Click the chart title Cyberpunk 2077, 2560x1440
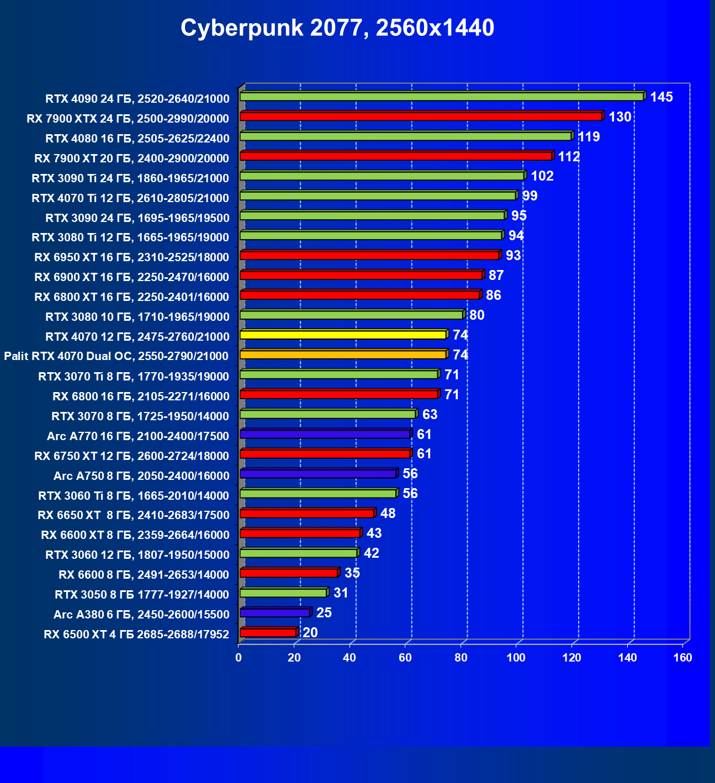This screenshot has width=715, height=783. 337,28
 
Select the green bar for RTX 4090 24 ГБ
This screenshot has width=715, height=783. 442,97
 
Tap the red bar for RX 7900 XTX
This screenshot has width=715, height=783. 421,117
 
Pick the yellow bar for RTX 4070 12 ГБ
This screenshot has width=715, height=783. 343,335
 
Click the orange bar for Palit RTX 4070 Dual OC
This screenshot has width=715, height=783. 343,355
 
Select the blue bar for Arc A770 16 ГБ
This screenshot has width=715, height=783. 325,434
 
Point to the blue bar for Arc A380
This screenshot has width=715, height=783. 274,613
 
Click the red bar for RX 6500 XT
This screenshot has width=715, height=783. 268,633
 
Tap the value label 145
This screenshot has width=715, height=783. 661,97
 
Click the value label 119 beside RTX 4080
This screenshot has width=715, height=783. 589,137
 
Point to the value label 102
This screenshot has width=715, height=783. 542,176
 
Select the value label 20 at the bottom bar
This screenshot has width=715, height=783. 310,633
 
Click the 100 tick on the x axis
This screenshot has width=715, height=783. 516,658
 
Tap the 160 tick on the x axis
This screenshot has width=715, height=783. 683,658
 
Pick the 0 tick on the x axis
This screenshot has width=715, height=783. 239,658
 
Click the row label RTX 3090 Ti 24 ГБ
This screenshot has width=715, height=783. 130,178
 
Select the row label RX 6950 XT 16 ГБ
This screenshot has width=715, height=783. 131,257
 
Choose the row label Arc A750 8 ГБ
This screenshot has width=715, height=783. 141,476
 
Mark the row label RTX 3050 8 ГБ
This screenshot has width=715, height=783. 142,595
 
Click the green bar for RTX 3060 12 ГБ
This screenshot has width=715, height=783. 298,553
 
